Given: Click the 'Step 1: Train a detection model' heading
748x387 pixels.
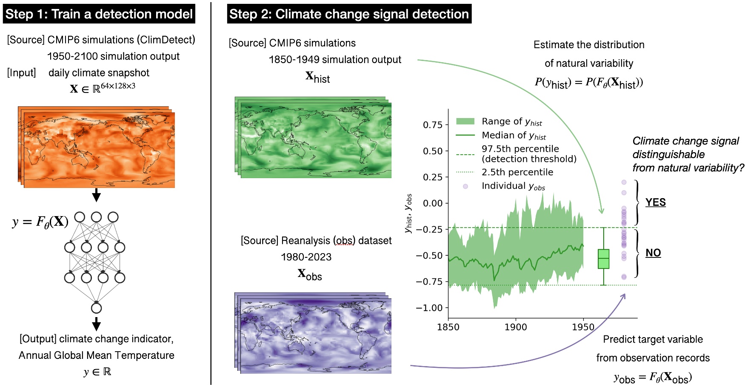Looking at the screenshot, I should (x=99, y=14).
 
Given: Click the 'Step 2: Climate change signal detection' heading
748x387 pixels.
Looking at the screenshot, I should (x=349, y=14).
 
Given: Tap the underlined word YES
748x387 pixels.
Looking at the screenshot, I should (x=655, y=202).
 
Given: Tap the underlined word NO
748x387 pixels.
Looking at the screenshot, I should (x=653, y=253).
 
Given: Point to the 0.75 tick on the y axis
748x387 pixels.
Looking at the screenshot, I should (x=433, y=125).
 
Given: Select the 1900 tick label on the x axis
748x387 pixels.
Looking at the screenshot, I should (x=516, y=327).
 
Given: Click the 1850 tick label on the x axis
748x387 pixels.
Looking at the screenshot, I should (x=448, y=327).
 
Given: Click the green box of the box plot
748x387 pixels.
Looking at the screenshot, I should (x=603, y=259).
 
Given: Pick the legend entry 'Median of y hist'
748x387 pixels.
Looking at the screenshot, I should (x=513, y=136).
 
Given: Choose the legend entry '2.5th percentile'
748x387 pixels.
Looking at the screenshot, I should (x=517, y=172).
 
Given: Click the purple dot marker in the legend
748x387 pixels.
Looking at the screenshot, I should (x=465, y=186).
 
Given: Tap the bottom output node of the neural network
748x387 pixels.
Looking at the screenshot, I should (x=97, y=308).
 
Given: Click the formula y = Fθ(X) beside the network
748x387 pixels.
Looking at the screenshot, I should (x=40, y=222).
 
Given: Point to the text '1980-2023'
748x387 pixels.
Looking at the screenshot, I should (x=306, y=257).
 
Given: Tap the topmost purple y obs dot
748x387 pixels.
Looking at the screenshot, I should (x=624, y=182).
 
